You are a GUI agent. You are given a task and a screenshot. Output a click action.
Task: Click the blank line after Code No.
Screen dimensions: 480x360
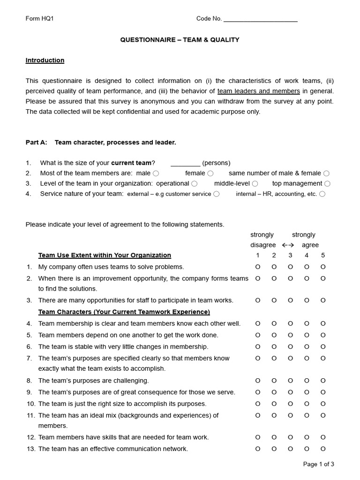(260, 20)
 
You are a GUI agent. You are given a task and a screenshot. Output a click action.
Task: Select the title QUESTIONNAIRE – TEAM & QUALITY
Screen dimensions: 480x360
(180, 40)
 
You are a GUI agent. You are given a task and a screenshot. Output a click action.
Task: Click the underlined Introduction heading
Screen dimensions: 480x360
(45, 60)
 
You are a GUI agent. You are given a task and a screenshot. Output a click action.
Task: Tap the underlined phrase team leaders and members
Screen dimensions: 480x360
(258, 91)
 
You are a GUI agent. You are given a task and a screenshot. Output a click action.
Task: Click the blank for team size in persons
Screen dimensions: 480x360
(185, 164)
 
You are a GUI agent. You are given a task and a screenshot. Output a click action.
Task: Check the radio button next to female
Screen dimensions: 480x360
(210, 173)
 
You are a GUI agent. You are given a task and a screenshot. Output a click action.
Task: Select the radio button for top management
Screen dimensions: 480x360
(327, 184)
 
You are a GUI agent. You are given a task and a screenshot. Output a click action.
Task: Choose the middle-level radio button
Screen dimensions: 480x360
(255, 184)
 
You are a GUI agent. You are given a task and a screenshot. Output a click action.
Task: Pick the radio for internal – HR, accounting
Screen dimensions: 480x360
(322, 194)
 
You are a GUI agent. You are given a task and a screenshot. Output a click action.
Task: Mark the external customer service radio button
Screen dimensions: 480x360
(216, 194)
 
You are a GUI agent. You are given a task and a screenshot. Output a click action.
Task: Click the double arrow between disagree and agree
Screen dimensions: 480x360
(288, 245)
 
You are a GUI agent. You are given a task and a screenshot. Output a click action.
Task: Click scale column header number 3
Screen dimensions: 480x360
(290, 255)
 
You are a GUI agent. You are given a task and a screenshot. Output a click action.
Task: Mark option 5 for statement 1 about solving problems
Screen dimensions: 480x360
(323, 267)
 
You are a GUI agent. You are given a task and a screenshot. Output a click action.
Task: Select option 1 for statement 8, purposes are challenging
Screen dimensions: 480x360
(257, 381)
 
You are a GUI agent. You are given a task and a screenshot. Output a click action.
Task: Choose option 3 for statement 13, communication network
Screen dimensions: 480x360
(290, 449)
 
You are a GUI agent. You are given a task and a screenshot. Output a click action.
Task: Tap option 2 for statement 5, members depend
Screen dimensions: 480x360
(274, 335)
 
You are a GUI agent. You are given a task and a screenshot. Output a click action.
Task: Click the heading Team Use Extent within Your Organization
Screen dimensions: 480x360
(105, 255)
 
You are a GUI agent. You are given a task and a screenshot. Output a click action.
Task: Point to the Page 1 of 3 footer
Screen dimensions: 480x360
(319, 465)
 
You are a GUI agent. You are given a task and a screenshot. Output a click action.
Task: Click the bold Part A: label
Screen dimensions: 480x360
(36, 142)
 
